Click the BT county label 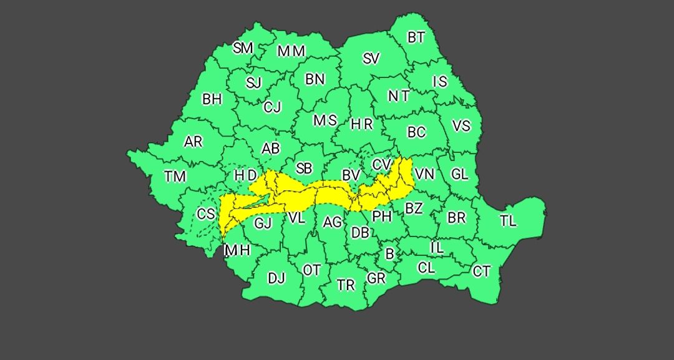coord(416,37)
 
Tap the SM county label coord(243,48)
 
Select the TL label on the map coord(508,221)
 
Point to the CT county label coord(481,271)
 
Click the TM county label coord(175,177)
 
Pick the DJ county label coord(276,278)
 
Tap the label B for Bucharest coord(390,255)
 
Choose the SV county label coord(371,59)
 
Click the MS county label coord(325,120)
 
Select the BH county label coord(212,99)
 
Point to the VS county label coord(461,126)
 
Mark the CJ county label coord(272,107)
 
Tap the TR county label coord(346,285)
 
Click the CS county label coord(206,214)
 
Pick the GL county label coord(460,175)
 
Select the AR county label coord(193,142)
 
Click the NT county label coord(398,96)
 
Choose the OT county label coord(311,270)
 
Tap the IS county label coord(440,82)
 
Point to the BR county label coord(456,218)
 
